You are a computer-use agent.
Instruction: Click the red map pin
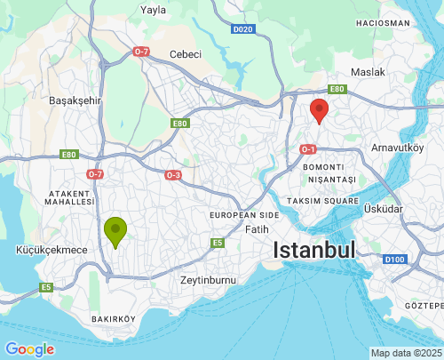pyautogui.click(x=319, y=111)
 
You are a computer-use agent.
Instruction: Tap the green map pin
pyautogui.click(x=115, y=231)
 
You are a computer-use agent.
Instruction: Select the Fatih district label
pyautogui.click(x=256, y=229)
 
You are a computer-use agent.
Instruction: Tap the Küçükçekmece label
pyautogui.click(x=52, y=250)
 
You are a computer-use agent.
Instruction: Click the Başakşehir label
pyautogui.click(x=76, y=100)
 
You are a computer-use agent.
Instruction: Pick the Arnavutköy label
pyautogui.click(x=398, y=147)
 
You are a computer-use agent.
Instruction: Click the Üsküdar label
pyautogui.click(x=384, y=208)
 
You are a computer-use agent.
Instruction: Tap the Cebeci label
pyautogui.click(x=186, y=54)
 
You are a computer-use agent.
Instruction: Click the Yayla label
pyautogui.click(x=154, y=11)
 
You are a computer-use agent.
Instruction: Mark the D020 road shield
pyautogui.click(x=243, y=29)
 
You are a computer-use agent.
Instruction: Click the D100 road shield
pyautogui.click(x=396, y=259)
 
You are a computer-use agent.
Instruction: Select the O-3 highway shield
pyautogui.click(x=173, y=175)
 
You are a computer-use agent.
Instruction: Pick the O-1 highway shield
pyautogui.click(x=308, y=148)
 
